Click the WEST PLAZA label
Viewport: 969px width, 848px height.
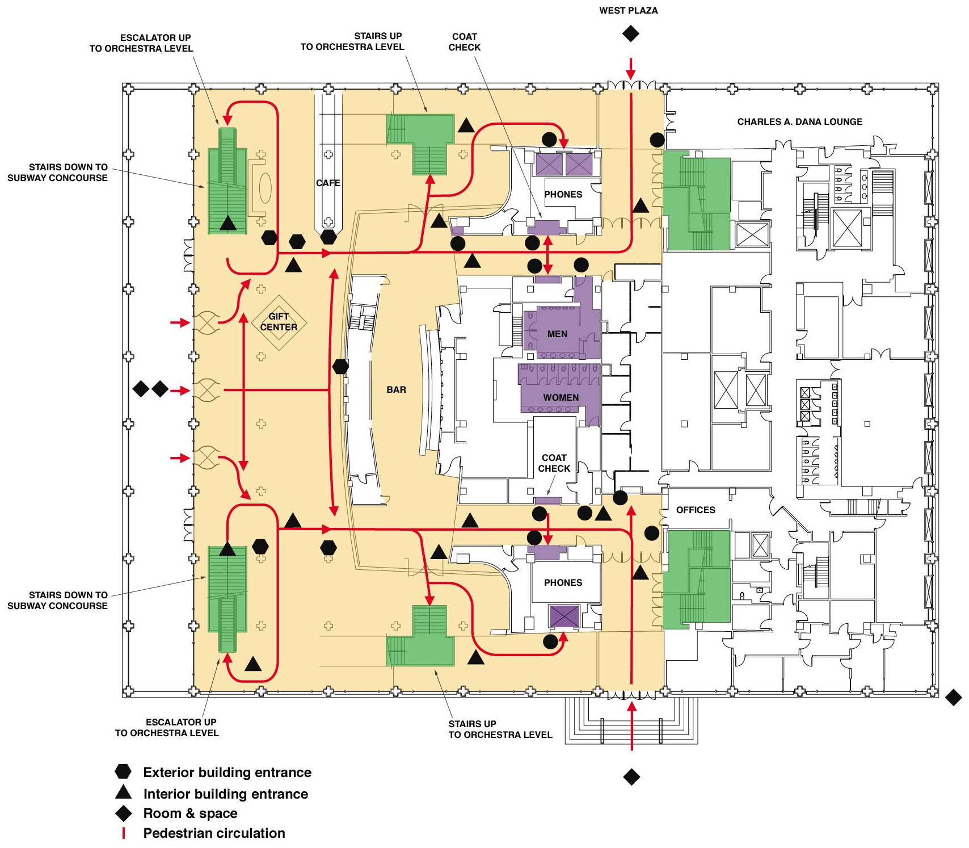(x=628, y=10)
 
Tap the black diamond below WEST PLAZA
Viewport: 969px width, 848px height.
(x=630, y=33)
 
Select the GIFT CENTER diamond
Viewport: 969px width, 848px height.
(x=279, y=322)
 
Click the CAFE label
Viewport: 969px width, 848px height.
(x=328, y=183)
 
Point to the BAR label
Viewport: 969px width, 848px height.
(x=396, y=389)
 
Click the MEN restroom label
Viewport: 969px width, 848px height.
(x=557, y=334)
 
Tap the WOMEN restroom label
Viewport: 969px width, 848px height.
(x=561, y=397)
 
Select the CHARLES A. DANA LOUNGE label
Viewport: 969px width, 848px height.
(x=799, y=121)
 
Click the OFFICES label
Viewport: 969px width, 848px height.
(x=696, y=510)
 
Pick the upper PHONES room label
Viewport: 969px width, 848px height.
(x=563, y=194)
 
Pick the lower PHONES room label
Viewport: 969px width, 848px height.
(x=563, y=582)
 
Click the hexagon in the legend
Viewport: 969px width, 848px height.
(x=123, y=771)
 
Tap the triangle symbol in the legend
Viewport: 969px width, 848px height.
(x=123, y=792)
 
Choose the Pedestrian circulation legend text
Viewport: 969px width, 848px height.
(x=214, y=833)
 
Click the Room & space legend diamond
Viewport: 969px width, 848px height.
(x=124, y=813)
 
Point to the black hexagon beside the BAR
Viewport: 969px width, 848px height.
(x=340, y=367)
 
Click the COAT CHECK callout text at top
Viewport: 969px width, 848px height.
(x=464, y=42)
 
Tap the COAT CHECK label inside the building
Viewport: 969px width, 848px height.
(x=554, y=463)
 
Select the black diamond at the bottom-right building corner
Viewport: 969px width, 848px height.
(x=954, y=697)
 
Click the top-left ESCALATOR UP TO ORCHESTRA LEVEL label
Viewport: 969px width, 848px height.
(x=141, y=43)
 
